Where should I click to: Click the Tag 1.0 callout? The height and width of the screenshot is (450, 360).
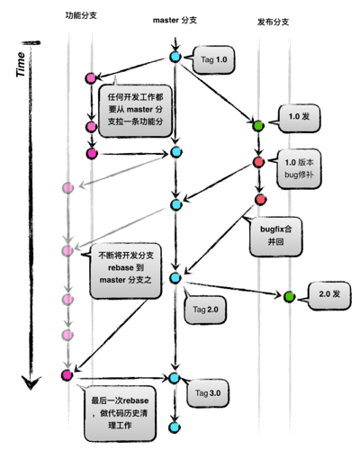click(x=213, y=60)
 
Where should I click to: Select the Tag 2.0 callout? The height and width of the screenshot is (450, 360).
click(x=205, y=310)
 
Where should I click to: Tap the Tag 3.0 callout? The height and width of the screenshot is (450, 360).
click(x=208, y=393)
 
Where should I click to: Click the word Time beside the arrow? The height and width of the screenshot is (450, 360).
click(x=21, y=64)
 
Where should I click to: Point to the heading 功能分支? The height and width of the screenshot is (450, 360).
click(x=81, y=15)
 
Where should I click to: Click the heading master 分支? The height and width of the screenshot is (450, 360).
click(x=175, y=20)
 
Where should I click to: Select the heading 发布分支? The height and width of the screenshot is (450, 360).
click(x=273, y=22)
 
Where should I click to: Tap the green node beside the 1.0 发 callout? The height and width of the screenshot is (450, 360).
click(x=258, y=126)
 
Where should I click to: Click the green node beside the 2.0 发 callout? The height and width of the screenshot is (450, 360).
click(x=289, y=297)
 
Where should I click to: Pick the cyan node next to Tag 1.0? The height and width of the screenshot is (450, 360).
click(x=175, y=57)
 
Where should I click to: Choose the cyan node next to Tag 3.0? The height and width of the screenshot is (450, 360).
click(x=174, y=378)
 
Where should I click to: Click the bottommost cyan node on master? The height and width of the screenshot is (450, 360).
click(x=175, y=427)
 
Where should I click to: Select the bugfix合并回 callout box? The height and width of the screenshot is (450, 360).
click(x=275, y=237)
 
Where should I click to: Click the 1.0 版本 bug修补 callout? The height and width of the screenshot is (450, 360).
click(x=299, y=168)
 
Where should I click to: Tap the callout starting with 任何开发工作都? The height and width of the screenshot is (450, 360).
click(x=136, y=111)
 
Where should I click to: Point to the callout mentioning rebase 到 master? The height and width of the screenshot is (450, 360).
click(x=125, y=271)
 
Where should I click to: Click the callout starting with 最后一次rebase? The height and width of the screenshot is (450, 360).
click(x=120, y=413)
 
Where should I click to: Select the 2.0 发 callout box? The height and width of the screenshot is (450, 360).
click(x=329, y=296)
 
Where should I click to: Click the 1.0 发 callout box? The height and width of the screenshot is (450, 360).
click(x=299, y=118)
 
